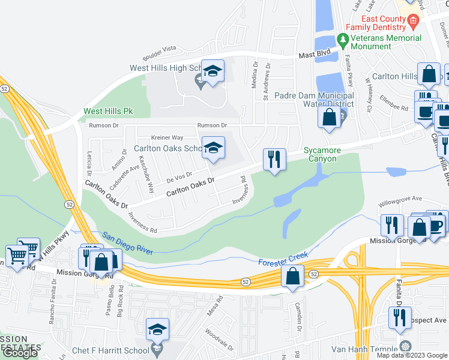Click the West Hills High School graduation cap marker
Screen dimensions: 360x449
212,72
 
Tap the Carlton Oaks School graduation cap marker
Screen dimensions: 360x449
212,149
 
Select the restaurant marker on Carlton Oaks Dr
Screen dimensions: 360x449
273,160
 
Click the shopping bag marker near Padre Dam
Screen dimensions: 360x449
330,117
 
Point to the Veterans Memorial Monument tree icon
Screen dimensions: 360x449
343,41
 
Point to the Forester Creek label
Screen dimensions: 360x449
283,260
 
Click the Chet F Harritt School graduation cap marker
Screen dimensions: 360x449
157,329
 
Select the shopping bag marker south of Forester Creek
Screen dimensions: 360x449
293,277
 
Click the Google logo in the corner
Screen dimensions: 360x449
20,353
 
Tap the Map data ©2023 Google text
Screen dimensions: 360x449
411,355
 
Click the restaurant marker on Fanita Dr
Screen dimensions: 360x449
400,318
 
